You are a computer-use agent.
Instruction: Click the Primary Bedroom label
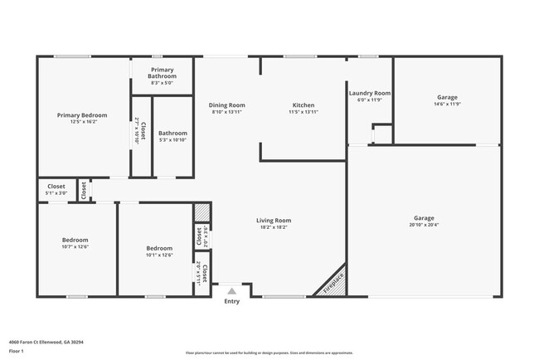pos(82,114)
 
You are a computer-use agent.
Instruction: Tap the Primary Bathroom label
pos(162,73)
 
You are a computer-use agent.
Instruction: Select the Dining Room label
pos(226,105)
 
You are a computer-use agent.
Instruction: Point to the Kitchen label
pos(303,105)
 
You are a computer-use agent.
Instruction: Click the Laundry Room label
pos(369,94)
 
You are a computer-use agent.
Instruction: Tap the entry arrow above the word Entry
pos(231,291)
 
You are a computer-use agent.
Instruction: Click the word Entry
pos(231,301)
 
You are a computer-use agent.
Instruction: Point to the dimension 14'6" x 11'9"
pos(447,105)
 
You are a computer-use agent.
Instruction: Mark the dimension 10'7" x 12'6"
pos(75,246)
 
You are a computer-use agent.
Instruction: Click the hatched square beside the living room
pos(200,212)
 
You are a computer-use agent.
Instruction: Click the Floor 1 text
pos(17,351)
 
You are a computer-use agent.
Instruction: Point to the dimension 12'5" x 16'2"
pos(82,121)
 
